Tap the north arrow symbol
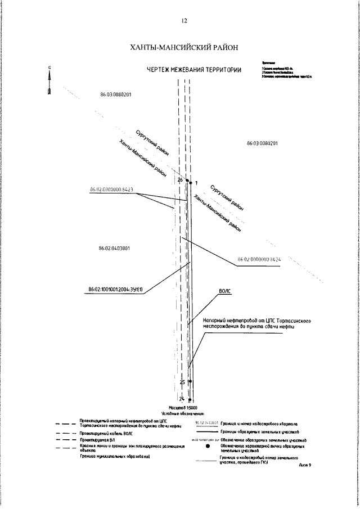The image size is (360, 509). [x=50, y=82]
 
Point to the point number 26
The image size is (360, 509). [x=180, y=180]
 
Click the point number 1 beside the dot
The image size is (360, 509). [x=196, y=183]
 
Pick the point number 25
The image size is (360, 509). [x=182, y=382]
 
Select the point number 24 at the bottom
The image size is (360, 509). [x=182, y=399]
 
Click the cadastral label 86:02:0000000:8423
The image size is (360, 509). [x=111, y=191]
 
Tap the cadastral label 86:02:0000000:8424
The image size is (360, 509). [x=259, y=260]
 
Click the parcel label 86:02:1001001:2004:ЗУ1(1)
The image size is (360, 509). [x=116, y=290]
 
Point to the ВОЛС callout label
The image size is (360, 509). [x=225, y=292]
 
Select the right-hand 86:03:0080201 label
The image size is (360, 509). [x=262, y=144]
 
